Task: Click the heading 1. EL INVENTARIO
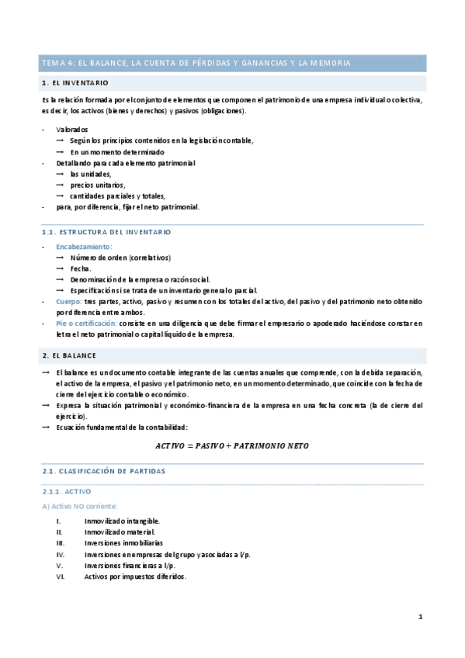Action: pyautogui.click(x=75, y=82)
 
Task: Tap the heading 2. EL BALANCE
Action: pyautogui.click(x=69, y=355)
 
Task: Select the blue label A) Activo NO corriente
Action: pyautogui.click(x=77, y=506)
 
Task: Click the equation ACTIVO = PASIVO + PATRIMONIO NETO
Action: pyautogui.click(x=232, y=446)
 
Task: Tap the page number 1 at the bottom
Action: pyautogui.click(x=420, y=618)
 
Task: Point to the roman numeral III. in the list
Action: pyautogui.click(x=59, y=543)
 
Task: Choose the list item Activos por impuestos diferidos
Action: pyautogui.click(x=135, y=577)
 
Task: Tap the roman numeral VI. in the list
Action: pyautogui.click(x=60, y=577)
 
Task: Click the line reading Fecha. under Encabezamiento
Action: pyautogui.click(x=80, y=268)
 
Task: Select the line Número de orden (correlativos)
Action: pyautogui.click(x=120, y=258)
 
